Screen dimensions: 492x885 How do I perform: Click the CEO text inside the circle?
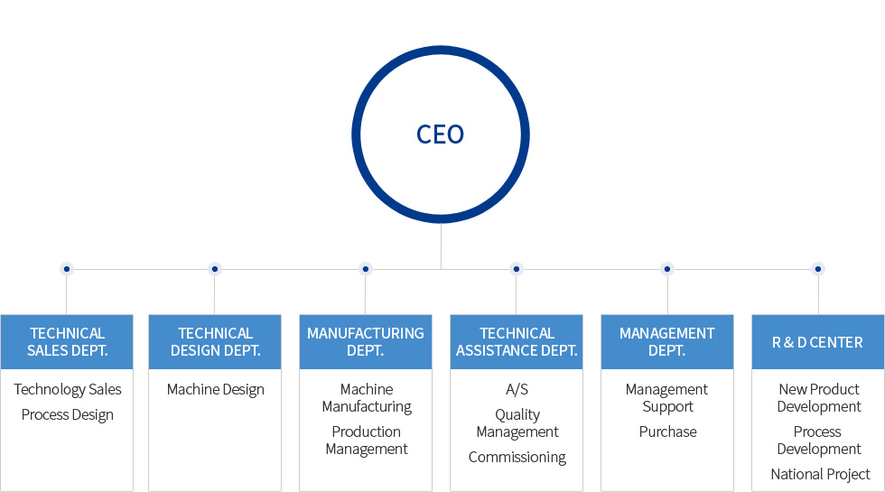click(x=440, y=135)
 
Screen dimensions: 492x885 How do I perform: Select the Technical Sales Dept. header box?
click(x=67, y=341)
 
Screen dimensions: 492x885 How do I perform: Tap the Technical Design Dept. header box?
click(x=215, y=341)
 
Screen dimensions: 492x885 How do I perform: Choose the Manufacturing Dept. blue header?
click(x=366, y=341)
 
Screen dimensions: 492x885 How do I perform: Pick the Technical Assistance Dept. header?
click(x=517, y=341)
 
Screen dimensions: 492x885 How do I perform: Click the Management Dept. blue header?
click(x=667, y=341)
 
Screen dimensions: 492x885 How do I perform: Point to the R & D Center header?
click(x=817, y=342)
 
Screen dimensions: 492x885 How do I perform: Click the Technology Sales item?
click(x=68, y=389)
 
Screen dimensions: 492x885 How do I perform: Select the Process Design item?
click(x=68, y=414)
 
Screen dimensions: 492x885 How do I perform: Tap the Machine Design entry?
click(x=216, y=389)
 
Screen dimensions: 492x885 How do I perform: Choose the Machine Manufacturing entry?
click(x=367, y=398)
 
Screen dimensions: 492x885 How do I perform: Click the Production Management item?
click(x=367, y=441)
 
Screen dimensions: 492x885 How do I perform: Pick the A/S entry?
click(x=517, y=389)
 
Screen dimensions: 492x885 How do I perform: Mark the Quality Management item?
click(x=517, y=423)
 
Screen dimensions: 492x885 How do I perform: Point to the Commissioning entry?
click(x=517, y=457)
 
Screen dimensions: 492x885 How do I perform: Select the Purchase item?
click(x=668, y=432)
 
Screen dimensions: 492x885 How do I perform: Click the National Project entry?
click(x=820, y=474)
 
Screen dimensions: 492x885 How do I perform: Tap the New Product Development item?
click(x=819, y=398)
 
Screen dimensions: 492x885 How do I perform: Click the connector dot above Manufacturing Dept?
click(x=365, y=269)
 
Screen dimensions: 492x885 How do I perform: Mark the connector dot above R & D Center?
click(x=818, y=269)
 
